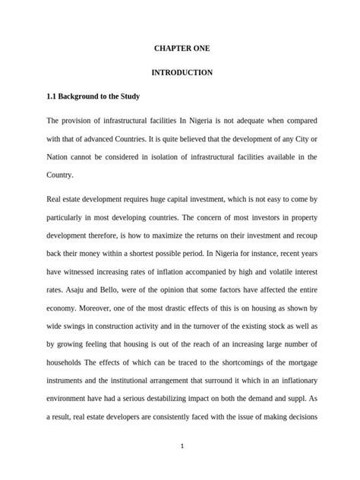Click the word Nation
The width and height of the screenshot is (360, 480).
coord(60,156)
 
